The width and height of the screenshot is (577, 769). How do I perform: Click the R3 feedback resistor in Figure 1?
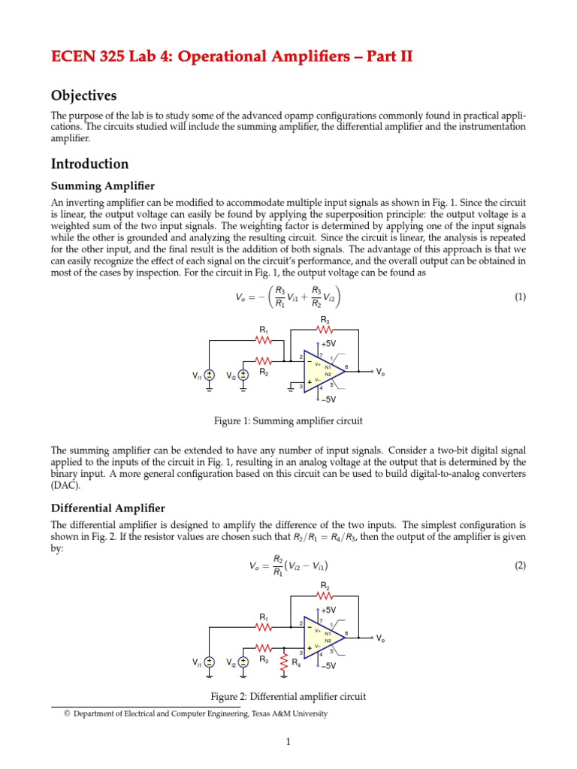coord(325,328)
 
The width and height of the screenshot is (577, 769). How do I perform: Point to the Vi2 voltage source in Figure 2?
coord(243,662)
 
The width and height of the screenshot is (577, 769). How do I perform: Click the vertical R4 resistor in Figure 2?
coord(284,661)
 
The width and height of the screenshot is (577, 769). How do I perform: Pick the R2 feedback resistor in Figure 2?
coord(325,596)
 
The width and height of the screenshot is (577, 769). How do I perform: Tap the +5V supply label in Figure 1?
coord(328,343)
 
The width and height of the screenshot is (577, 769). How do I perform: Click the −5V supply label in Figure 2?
coord(327,665)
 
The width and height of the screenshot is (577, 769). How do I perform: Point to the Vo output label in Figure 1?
coord(381,372)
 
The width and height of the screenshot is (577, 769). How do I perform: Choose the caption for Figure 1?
coord(288,421)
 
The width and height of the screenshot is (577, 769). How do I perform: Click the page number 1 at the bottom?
coord(288,743)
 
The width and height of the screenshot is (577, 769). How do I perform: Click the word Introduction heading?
coord(89,164)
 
